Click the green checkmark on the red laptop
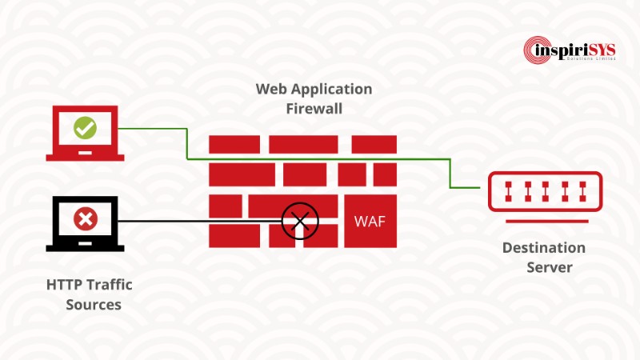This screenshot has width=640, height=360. coord(84,127)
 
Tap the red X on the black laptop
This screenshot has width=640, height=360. coord(84,218)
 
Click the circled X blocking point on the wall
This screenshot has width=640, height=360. coord(300,219)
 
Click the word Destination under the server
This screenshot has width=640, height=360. coord(544,248)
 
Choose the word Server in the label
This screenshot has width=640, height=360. coord(549,267)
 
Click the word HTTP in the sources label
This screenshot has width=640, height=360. coord(64,285)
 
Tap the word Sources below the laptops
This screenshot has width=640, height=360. coord(94,305)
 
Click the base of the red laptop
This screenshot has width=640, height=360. coord(85,157)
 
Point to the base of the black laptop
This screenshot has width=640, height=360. coord(85,247)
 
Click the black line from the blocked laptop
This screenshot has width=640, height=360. coord(200,220)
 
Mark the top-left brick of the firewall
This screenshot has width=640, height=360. coord(234,144)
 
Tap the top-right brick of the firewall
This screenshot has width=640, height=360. coord(374,144)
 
